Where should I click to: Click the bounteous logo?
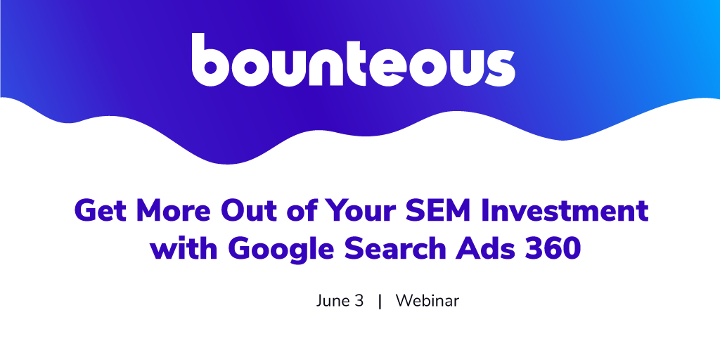[353, 60]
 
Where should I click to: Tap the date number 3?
[359, 301]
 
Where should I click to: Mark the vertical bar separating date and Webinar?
[380, 302]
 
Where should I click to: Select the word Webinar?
[427, 301]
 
